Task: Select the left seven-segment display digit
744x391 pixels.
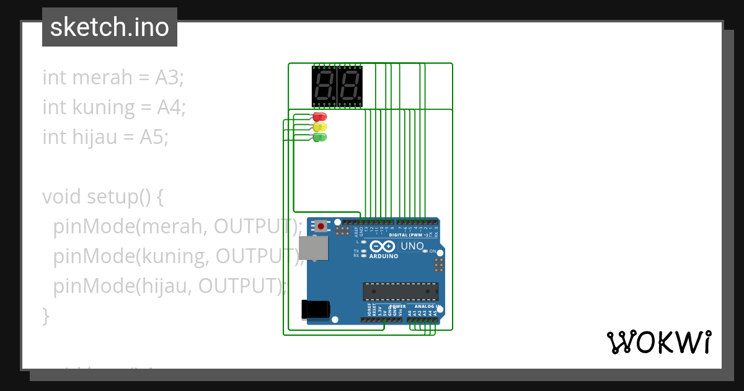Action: pos(324,86)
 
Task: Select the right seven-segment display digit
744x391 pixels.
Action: pos(350,86)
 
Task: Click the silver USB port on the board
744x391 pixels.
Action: pos(313,247)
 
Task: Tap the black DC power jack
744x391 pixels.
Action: pos(314,309)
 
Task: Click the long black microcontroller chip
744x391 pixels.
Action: pos(401,291)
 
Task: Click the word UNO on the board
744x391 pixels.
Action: pos(412,246)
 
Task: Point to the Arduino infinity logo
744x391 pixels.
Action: pos(383,246)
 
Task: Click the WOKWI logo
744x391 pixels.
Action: pos(658,342)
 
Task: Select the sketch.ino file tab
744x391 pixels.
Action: pos(110,27)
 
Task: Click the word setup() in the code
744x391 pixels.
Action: pos(125,197)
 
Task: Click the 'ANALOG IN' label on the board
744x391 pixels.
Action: pos(427,307)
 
